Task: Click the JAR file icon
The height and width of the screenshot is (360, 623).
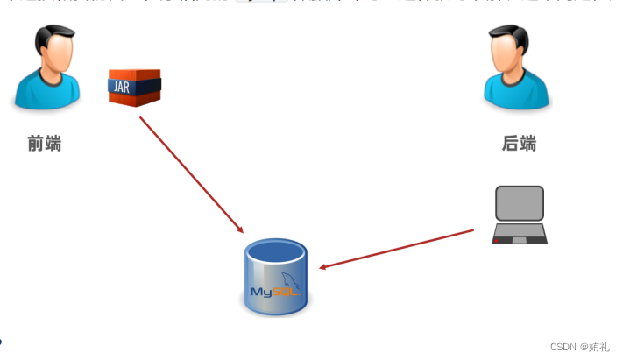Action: tap(135, 87)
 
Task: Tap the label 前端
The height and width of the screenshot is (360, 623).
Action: tap(44, 144)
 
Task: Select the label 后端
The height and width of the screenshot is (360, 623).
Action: tap(519, 144)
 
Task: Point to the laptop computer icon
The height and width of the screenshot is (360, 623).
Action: tap(520, 215)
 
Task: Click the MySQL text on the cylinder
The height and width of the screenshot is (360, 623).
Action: tap(275, 288)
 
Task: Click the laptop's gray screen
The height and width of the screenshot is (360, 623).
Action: tap(520, 203)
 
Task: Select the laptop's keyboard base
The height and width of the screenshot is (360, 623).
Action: tap(520, 234)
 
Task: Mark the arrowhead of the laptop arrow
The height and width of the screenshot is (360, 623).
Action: tap(323, 266)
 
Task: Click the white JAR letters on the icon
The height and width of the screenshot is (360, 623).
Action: tap(122, 86)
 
